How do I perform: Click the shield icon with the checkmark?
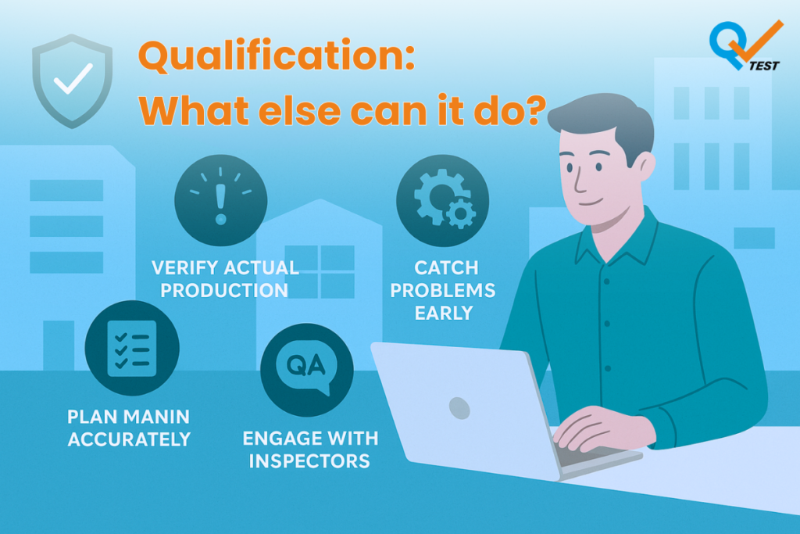[x=73, y=81]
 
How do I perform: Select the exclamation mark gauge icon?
[x=221, y=201]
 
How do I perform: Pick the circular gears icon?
[x=442, y=201]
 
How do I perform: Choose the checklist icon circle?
[x=132, y=348]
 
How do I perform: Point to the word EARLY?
[x=444, y=313]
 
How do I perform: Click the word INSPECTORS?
[x=309, y=461]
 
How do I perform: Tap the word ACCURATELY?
[x=129, y=439]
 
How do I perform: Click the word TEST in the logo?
[x=764, y=66]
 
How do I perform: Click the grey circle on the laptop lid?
[x=459, y=408]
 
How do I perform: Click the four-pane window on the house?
[x=320, y=271]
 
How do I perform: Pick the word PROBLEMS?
[x=443, y=290]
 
